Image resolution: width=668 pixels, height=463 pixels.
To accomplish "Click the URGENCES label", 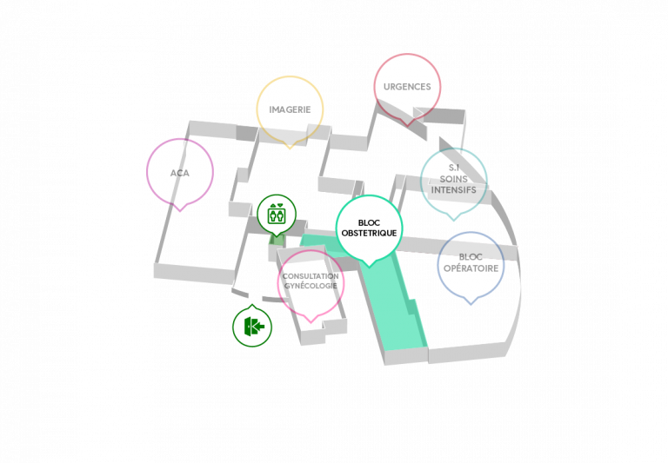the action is pyautogui.click(x=407, y=87).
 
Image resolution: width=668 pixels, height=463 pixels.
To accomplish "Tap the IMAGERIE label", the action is pyautogui.click(x=290, y=109).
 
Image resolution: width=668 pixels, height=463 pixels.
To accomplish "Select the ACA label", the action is pyautogui.click(x=180, y=173).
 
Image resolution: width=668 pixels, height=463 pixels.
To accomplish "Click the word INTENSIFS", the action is pyautogui.click(x=454, y=189).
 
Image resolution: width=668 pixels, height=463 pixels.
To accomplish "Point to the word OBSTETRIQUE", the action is pyautogui.click(x=369, y=233).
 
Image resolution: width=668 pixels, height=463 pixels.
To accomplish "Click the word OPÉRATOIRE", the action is pyautogui.click(x=471, y=268).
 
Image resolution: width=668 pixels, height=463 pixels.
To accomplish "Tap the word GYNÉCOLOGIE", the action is pyautogui.click(x=311, y=286).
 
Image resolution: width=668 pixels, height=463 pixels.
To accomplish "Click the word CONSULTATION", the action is pyautogui.click(x=311, y=276).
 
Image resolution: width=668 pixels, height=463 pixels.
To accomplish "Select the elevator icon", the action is pyautogui.click(x=276, y=214).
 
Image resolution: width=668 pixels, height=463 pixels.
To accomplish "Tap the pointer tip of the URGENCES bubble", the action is pyautogui.click(x=407, y=126).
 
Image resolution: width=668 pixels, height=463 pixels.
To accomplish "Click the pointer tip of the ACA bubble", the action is pyautogui.click(x=180, y=211).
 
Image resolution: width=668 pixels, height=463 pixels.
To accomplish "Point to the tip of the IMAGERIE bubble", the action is pyautogui.click(x=290, y=149).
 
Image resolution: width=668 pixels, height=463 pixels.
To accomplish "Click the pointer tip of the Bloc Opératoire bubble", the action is pyautogui.click(x=471, y=304).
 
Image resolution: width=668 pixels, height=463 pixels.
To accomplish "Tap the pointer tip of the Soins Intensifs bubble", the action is pyautogui.click(x=454, y=221).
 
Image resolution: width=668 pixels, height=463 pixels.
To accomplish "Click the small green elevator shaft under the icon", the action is pyautogui.click(x=277, y=239).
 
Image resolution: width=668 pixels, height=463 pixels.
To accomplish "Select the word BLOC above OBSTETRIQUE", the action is pyautogui.click(x=369, y=223).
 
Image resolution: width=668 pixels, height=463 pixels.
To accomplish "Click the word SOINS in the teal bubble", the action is pyautogui.click(x=454, y=179).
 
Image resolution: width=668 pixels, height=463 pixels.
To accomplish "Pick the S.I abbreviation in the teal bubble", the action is pyautogui.click(x=454, y=169).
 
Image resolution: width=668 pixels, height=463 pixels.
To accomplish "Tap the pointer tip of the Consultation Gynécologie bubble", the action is pyautogui.click(x=311, y=322).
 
